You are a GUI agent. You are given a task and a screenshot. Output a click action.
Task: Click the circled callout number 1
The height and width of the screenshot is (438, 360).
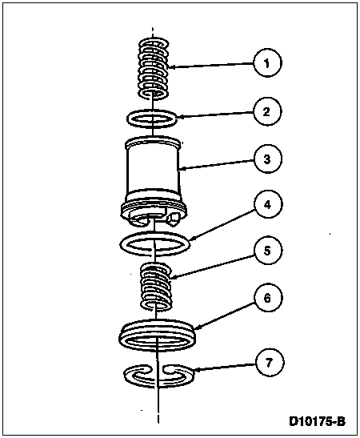pos(267,63)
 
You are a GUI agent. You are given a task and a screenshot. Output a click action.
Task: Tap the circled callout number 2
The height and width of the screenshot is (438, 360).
pos(267,112)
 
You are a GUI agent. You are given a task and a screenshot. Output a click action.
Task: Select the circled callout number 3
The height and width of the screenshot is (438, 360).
pos(267,159)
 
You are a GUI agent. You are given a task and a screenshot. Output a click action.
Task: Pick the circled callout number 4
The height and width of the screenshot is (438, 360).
pos(267,204)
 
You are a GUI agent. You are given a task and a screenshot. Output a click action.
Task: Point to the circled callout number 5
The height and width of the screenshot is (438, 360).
pos(267,251)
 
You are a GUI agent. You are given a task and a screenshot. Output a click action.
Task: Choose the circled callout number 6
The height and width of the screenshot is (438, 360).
pos(267,298)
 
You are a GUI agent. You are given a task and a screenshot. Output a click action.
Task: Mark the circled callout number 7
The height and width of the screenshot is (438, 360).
pos(269,363)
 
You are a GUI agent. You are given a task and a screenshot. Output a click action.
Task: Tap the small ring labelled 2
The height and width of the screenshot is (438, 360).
pos(151,123)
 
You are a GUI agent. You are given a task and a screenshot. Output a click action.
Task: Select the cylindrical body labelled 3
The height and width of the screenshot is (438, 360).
pos(154,179)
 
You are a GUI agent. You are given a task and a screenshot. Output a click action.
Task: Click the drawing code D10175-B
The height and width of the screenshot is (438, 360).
pos(317,421)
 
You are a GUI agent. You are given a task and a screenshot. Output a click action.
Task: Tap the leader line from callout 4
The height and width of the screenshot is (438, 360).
pos(222,224)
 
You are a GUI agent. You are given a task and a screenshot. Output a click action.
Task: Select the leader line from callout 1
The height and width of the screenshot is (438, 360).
pos(211,66)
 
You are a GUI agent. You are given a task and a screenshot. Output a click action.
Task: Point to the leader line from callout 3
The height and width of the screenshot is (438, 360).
pos(216,164)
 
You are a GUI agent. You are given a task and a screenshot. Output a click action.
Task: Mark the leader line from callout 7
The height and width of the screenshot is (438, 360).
pos(224,368)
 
